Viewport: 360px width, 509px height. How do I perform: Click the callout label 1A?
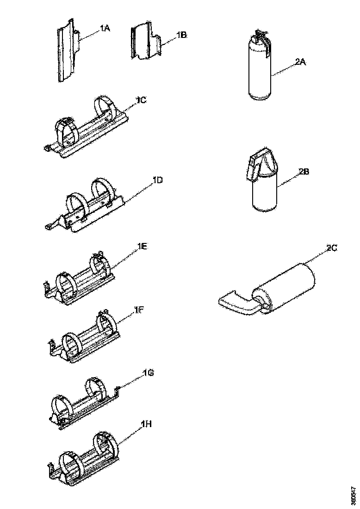pyautogui.click(x=104, y=29)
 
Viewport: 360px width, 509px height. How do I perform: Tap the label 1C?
pyautogui.click(x=141, y=100)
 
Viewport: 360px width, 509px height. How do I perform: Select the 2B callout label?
pyautogui.click(x=304, y=171)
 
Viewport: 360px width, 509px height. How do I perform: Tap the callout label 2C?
pyautogui.click(x=331, y=248)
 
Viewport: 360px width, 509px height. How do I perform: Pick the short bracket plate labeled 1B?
pyautogui.click(x=146, y=42)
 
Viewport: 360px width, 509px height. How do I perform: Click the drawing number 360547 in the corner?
pyautogui.click(x=354, y=496)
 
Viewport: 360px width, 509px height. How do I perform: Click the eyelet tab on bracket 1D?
pyautogui.click(x=49, y=226)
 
